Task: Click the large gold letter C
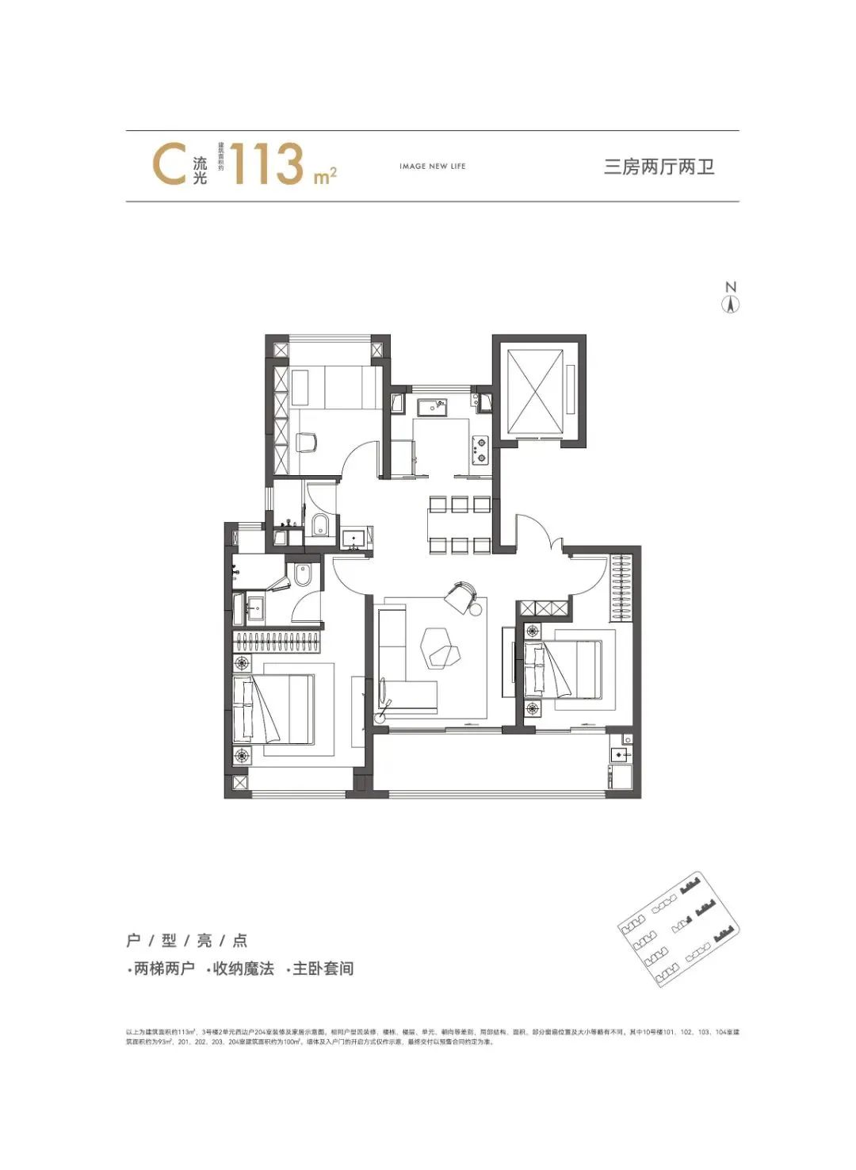point(169,165)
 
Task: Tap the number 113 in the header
point(267,164)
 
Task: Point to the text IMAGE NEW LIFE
point(432,167)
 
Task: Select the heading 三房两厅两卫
point(659,167)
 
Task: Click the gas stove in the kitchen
point(480,450)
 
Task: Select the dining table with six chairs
point(459,524)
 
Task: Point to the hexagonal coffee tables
point(440,646)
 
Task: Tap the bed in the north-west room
point(333,388)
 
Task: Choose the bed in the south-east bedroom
point(564,669)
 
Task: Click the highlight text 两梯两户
point(163,969)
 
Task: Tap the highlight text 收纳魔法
point(243,969)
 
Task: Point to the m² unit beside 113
point(325,176)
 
